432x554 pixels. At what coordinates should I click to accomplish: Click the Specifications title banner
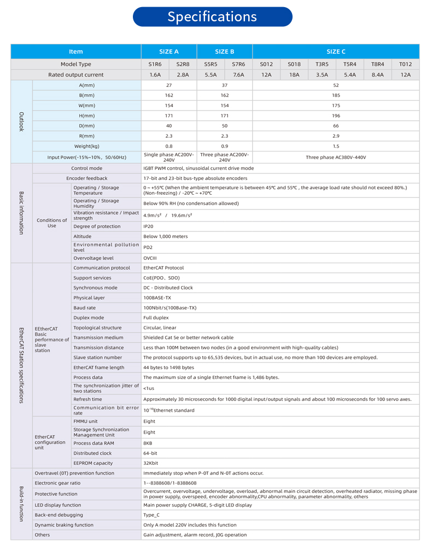pos(212,17)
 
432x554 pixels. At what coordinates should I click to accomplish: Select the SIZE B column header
pos(224,51)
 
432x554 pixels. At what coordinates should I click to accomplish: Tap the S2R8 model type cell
pos(183,65)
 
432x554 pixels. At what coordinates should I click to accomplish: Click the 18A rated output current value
pos(294,75)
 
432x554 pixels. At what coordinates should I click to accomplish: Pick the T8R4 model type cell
pos(378,65)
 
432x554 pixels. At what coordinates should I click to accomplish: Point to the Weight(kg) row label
pos(87,146)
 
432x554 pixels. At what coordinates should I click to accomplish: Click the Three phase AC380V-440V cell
pos(336,157)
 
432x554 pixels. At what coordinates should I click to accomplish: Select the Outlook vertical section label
pos(22,121)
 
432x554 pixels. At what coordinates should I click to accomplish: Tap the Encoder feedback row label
pos(87,178)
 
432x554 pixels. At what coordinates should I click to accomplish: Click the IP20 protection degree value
pos(148,226)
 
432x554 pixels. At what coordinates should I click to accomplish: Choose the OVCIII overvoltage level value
pos(150,258)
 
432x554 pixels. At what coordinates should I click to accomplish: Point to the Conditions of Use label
pos(52,223)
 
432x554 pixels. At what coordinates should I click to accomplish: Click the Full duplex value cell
pos(156,318)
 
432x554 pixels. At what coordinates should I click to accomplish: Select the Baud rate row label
pos(85,308)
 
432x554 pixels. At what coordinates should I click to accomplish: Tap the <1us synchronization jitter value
pos(149,388)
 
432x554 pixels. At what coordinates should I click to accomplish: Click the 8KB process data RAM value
pos(148,443)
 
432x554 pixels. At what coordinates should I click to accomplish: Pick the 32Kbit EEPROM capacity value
pos(151,463)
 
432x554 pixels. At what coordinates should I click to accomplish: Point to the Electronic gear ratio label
pos(57,483)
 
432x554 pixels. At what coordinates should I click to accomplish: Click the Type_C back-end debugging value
pos(151,515)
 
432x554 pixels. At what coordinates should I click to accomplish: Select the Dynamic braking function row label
pos(64,525)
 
